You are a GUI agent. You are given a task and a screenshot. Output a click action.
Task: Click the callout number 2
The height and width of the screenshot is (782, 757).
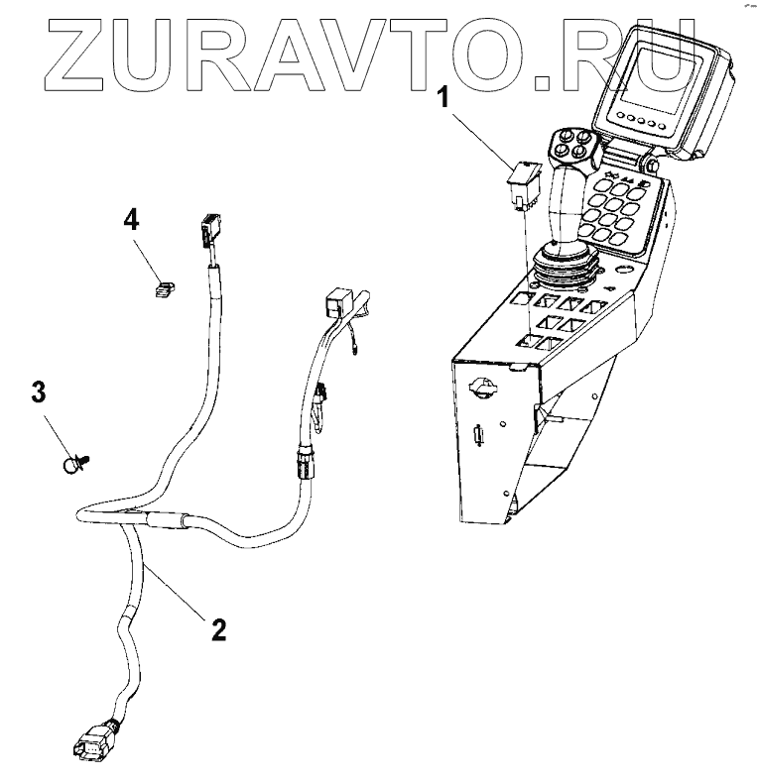pyautogui.click(x=217, y=628)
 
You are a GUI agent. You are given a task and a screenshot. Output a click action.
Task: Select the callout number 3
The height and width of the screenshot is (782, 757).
pyautogui.click(x=39, y=392)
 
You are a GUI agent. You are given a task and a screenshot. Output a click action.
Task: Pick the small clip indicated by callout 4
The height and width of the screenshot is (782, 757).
pyautogui.click(x=164, y=289)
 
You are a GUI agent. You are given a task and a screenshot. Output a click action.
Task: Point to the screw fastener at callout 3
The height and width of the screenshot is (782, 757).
pyautogui.click(x=75, y=461)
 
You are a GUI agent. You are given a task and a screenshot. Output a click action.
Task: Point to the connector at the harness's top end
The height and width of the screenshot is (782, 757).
pyautogui.click(x=208, y=231)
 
